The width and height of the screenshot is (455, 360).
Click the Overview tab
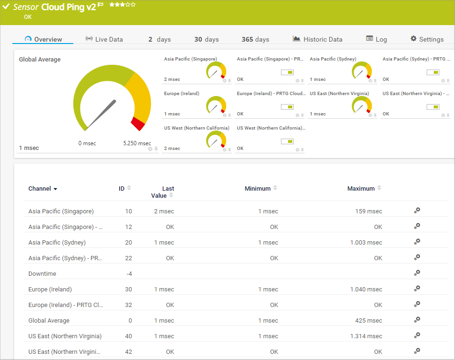[x=44, y=40]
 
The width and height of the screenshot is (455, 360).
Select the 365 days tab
[x=255, y=40]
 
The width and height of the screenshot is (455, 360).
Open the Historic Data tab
[x=317, y=40]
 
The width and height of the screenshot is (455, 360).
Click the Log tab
[x=376, y=40]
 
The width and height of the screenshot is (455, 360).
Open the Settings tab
[x=427, y=40]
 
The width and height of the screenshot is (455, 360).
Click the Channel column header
[x=40, y=189]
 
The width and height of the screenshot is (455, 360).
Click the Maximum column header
[x=361, y=189]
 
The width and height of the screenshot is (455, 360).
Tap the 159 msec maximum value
[x=368, y=211]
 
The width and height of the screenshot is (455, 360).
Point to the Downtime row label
[x=42, y=274]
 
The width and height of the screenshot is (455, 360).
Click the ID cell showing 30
[x=128, y=290]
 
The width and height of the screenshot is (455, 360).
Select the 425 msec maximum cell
[x=368, y=321]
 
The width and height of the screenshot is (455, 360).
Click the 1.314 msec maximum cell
[x=366, y=336]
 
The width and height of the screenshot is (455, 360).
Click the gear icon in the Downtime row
[x=417, y=273]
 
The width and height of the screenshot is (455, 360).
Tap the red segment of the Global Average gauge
[x=138, y=123]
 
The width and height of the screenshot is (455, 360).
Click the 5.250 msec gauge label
[x=137, y=143]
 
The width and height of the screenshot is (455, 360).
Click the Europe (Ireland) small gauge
[x=216, y=105]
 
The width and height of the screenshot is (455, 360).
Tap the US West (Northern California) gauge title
[x=197, y=128]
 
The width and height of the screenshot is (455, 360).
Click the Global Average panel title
[x=40, y=60]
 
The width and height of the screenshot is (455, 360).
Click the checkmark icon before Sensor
[x=6, y=7]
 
